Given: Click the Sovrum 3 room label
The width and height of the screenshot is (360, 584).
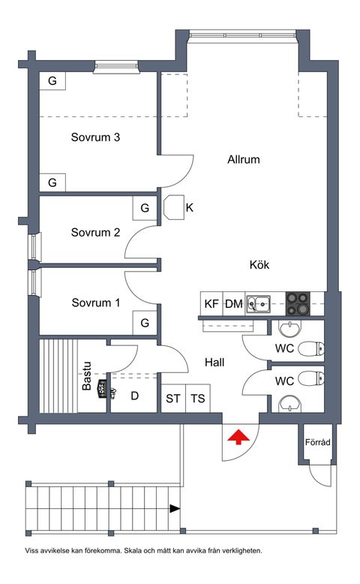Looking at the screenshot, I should [x=96, y=137].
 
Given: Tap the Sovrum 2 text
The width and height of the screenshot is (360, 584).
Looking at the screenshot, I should [x=96, y=232].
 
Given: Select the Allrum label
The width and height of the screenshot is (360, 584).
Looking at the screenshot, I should [x=244, y=159].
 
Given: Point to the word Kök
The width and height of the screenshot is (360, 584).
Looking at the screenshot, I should [x=260, y=265].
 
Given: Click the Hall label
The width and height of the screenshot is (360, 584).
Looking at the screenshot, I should [x=215, y=362].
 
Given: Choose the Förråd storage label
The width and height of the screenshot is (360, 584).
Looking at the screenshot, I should [x=318, y=443].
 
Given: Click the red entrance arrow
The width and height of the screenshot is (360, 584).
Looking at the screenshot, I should [x=238, y=437].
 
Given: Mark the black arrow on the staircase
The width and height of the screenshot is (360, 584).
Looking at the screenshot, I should [x=175, y=508].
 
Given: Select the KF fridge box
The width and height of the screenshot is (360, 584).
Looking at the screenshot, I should [x=211, y=304].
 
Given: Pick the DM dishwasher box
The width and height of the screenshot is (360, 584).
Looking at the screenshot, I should [x=234, y=304].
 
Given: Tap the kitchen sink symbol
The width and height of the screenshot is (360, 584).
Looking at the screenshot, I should [x=260, y=304].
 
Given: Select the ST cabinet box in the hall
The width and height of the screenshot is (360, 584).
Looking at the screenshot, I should [x=173, y=399].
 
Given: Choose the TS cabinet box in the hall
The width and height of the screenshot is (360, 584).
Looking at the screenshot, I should [x=198, y=399].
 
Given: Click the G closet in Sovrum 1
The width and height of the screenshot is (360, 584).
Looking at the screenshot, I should [x=144, y=324].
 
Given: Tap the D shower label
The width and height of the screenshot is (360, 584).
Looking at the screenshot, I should [x=135, y=396].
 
